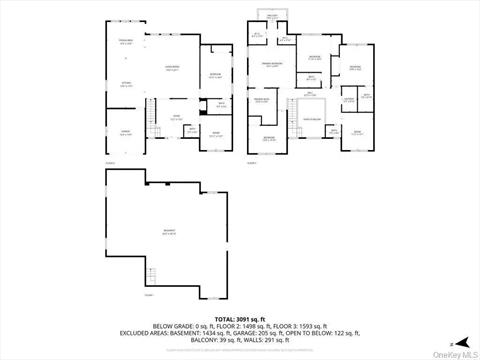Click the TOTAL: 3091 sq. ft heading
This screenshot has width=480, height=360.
[239, 318]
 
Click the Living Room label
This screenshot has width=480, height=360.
[171, 68]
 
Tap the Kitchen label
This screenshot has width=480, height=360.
[126, 85]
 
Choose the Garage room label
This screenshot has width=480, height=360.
[126, 132]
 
